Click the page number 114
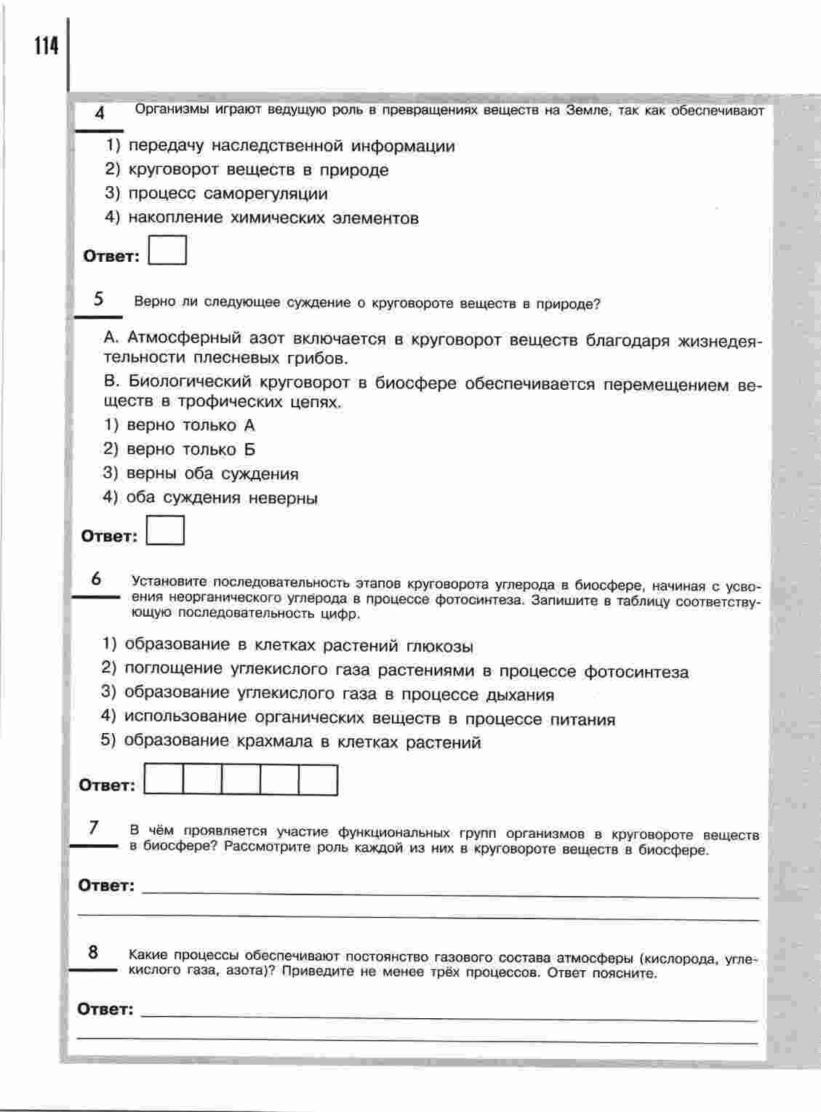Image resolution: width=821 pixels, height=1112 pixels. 44,47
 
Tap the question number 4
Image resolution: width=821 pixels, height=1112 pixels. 100,113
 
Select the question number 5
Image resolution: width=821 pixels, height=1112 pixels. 99,299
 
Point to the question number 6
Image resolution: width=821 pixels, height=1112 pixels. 96,579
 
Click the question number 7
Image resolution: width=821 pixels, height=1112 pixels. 94,828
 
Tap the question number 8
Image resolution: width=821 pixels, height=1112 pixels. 93,952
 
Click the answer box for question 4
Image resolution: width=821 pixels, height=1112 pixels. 167,250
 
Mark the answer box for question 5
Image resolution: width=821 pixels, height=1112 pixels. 165,530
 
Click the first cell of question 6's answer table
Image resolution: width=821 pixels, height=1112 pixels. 164,780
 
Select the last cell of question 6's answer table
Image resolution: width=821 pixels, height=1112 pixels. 319,780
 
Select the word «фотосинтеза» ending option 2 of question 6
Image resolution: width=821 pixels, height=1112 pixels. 636,672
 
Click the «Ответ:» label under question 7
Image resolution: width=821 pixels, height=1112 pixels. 107,886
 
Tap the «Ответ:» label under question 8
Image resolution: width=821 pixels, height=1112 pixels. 105,1009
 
